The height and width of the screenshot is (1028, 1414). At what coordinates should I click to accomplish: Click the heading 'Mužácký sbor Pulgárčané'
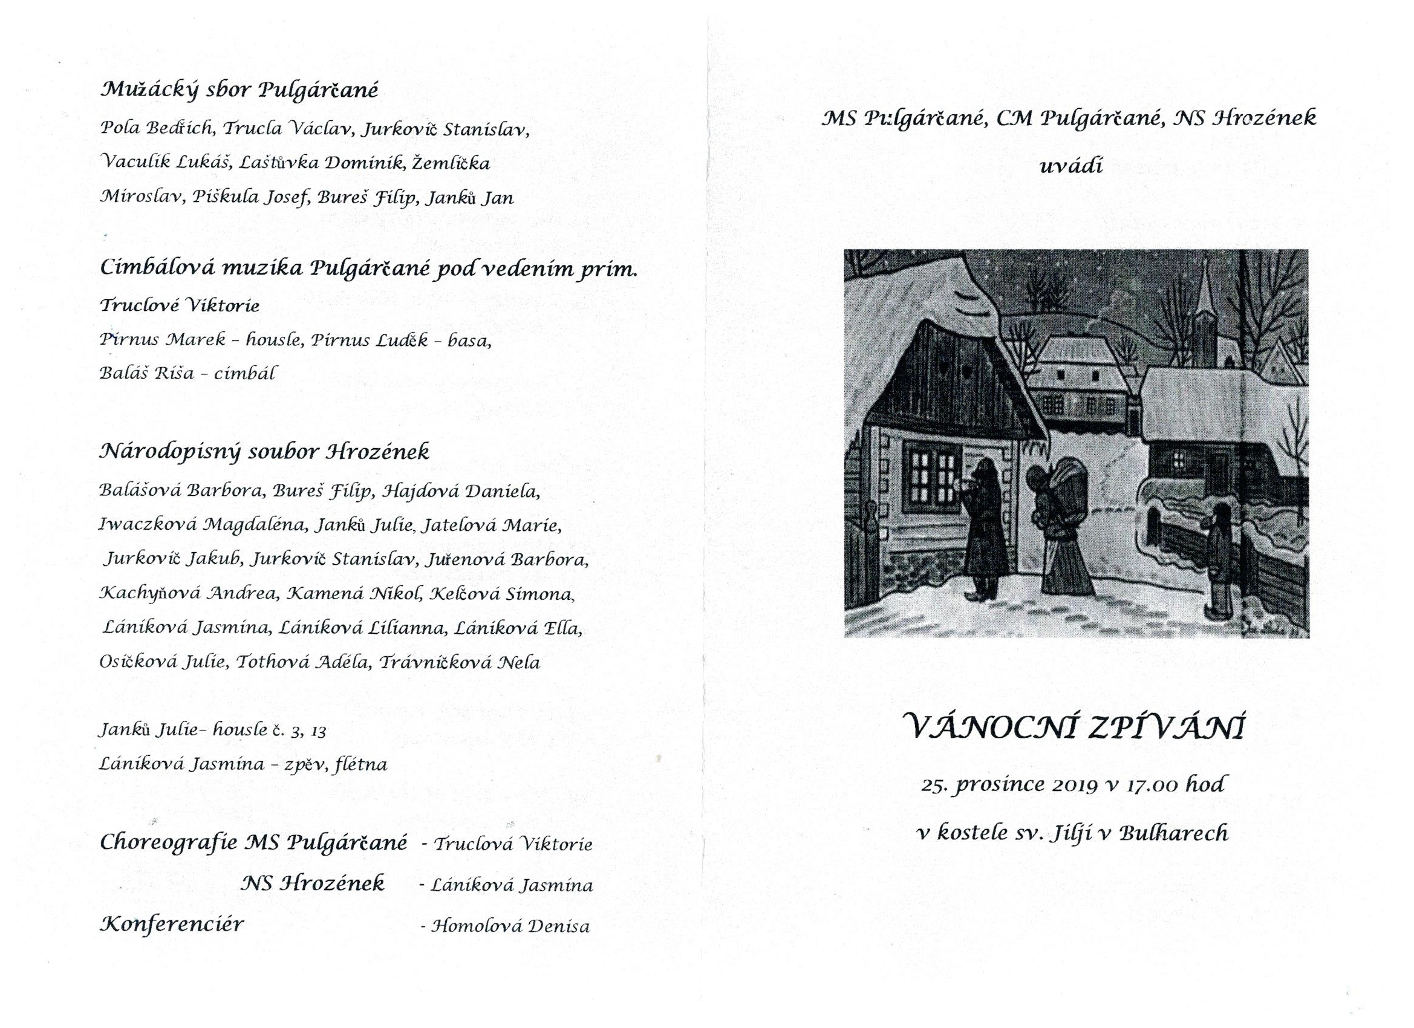tap(239, 92)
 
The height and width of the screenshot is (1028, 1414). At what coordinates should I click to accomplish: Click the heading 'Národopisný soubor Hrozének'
tap(264, 451)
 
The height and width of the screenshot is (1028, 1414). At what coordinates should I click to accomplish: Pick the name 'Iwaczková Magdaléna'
tap(203, 525)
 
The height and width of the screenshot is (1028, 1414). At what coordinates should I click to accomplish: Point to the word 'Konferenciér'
tap(171, 923)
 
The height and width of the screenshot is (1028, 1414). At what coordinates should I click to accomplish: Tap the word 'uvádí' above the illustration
tap(1070, 166)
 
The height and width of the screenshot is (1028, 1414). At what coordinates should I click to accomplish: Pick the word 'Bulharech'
tap(1173, 833)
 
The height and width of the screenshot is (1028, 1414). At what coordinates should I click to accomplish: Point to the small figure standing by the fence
tap(1220, 558)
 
